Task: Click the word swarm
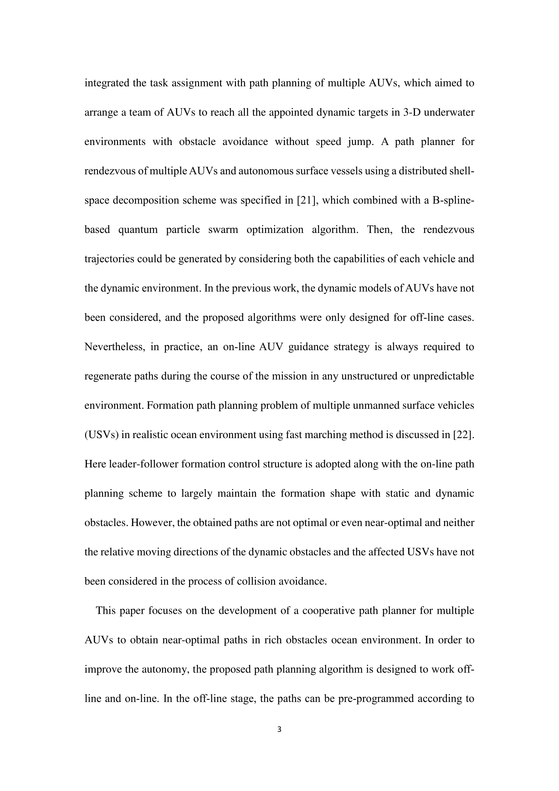pos(223,230)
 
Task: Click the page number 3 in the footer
pos(279,729)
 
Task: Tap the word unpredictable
pos(444,376)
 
